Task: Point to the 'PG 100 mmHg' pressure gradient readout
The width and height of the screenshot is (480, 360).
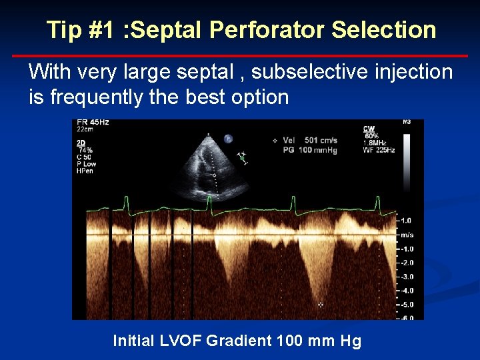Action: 310,149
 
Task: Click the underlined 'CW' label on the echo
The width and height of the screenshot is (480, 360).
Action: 369,129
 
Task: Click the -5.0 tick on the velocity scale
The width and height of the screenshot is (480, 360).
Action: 406,305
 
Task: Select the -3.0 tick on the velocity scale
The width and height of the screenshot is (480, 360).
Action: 406,277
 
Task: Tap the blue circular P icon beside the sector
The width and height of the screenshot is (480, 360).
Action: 227,139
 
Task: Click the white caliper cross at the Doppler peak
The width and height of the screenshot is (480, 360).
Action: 321,304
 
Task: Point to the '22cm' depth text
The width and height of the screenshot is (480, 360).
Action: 85,130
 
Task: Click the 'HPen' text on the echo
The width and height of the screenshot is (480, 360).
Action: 85,171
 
